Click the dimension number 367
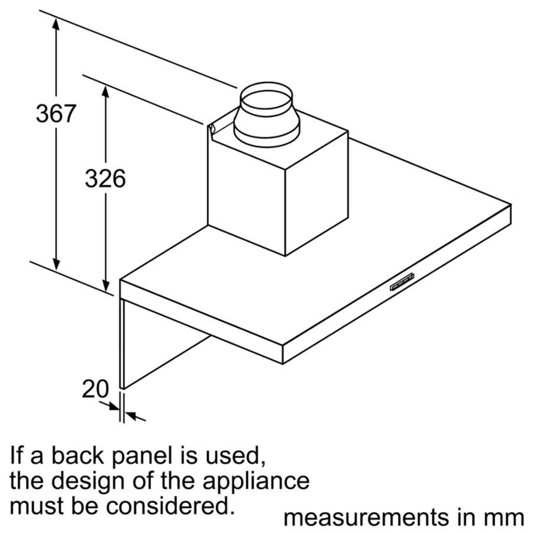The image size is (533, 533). [x=56, y=114]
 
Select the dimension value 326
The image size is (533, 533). [x=105, y=178]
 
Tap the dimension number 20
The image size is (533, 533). [x=95, y=390]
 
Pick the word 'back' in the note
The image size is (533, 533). [x=77, y=457]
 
